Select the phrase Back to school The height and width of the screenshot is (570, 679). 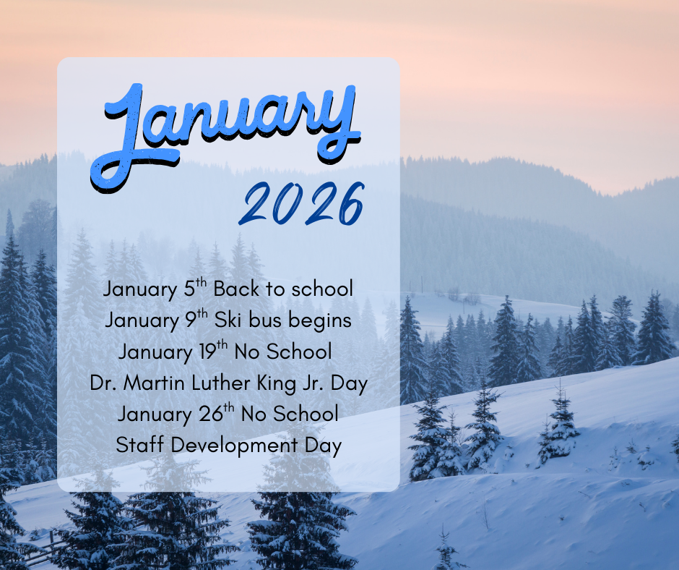[283, 289]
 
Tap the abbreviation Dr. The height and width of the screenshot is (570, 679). [103, 383]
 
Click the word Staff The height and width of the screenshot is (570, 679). [137, 445]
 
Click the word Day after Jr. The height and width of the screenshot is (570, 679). [348, 383]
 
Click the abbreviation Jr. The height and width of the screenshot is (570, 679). [309, 383]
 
